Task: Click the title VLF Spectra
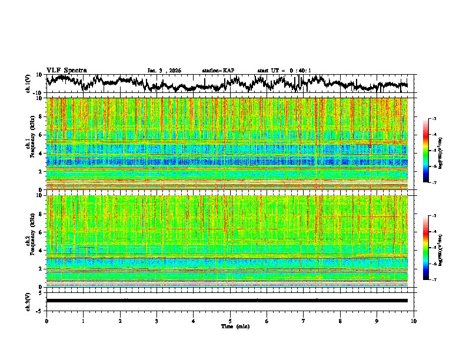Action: pos(66,70)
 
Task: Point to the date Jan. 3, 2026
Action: pos(164,71)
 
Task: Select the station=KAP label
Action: pos(218,71)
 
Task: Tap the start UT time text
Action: pos(284,71)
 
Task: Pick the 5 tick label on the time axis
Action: pos(230,321)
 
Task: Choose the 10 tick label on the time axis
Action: pos(414,321)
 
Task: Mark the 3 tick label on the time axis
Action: pos(157,321)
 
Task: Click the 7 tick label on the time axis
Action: pos(304,321)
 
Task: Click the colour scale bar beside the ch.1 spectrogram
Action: pos(425,151)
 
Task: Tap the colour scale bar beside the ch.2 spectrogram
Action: pos(425,247)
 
